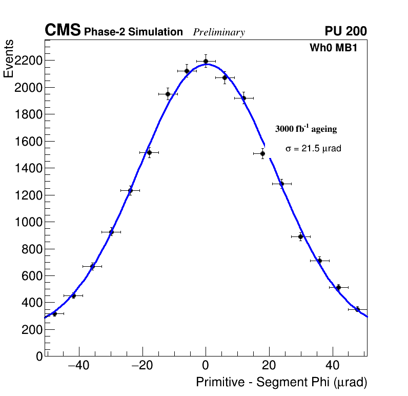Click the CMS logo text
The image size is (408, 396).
click(63, 31)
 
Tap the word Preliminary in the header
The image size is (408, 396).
click(219, 32)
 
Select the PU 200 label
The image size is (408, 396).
click(345, 31)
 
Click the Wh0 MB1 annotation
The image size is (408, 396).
click(333, 48)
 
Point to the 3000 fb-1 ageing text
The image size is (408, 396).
click(306, 129)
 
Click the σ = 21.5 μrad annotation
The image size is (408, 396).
click(313, 149)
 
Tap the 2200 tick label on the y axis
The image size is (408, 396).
click(28, 61)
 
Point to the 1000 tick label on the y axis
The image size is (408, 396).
click(28, 222)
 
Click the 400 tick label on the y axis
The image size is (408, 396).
click(31, 303)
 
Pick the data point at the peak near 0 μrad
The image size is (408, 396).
click(206, 61)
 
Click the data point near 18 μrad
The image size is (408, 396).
click(262, 153)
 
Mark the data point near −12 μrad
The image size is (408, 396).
click(168, 94)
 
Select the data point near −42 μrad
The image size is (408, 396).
click(73, 295)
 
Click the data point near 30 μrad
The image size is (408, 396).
click(301, 236)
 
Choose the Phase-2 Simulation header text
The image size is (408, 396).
click(133, 32)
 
